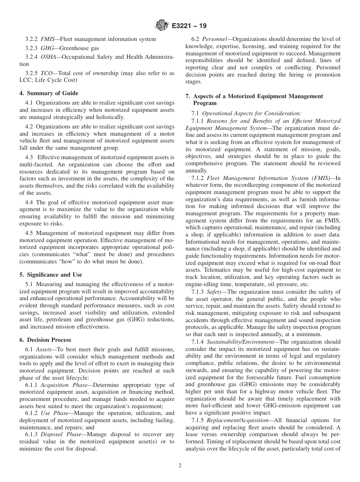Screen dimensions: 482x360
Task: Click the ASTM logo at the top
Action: pyautogui.click(x=162, y=26)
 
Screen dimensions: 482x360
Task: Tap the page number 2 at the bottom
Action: pyautogui.click(x=180, y=466)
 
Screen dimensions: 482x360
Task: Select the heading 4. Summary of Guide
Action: pyautogui.click(x=49, y=93)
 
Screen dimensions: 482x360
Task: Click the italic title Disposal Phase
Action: pyautogui.click(x=61, y=435)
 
